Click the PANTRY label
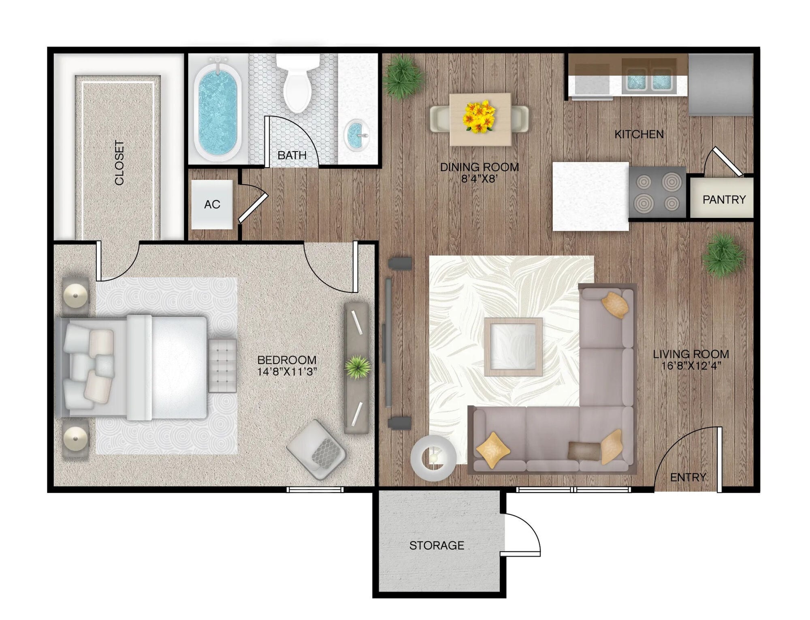[x=724, y=200]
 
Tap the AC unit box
[x=212, y=205]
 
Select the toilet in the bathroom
[x=298, y=83]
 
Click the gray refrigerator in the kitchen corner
[x=720, y=85]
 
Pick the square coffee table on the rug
[x=513, y=347]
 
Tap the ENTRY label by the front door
[x=688, y=477]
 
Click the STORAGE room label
[x=437, y=545]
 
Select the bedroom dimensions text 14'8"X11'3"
[x=287, y=372]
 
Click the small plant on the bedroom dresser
[x=358, y=367]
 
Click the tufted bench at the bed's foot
[x=222, y=366]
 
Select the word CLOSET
[x=119, y=163]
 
